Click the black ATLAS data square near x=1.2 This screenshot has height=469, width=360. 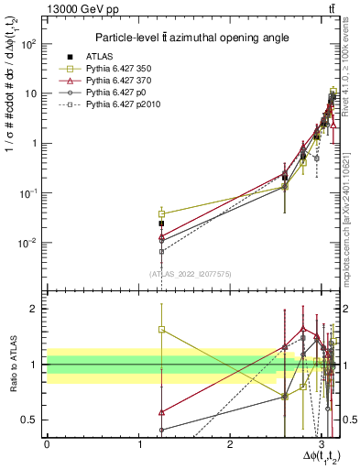(161, 223)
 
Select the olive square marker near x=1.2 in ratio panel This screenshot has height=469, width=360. (161, 330)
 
